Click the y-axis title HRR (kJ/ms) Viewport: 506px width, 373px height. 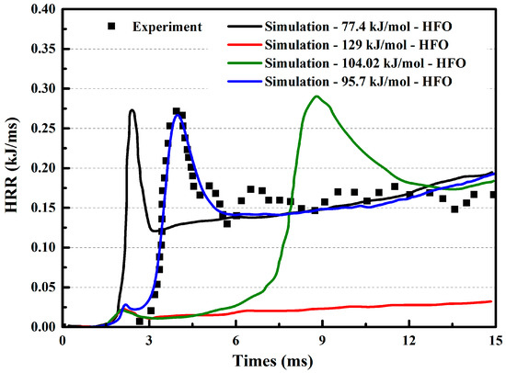pyautogui.click(x=12, y=165)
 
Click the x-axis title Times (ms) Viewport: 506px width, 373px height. pyautogui.click(x=273, y=361)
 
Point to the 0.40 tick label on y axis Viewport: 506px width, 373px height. pyautogui.click(x=44, y=9)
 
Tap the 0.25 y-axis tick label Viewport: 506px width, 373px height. pyautogui.click(x=44, y=129)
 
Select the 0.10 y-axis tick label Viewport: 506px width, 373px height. pyautogui.click(x=44, y=247)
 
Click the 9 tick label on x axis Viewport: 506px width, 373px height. pyautogui.click(x=322, y=341)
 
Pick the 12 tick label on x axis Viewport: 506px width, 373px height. pyautogui.click(x=409, y=341)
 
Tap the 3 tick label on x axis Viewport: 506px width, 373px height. pyautogui.click(x=149, y=341)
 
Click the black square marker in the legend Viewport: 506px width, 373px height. pyautogui.click(x=111, y=27)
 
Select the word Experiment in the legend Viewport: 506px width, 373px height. pyautogui.click(x=167, y=27)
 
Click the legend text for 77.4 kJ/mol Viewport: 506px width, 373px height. pyautogui.click(x=358, y=27)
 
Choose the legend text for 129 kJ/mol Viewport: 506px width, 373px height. pyautogui.click(x=356, y=45)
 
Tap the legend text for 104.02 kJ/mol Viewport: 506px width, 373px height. pyautogui.click(x=365, y=63)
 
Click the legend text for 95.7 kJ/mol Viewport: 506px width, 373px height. pyautogui.click(x=358, y=82)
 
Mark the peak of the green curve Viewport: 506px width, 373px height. pyautogui.click(x=316, y=96)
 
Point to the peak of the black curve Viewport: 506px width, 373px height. pyautogui.click(x=132, y=110)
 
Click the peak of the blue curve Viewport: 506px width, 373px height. pyautogui.click(x=178, y=115)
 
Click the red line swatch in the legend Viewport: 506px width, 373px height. pyautogui.click(x=245, y=45)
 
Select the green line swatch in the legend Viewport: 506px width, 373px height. pyautogui.click(x=245, y=63)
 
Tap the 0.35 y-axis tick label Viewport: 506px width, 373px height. pyautogui.click(x=44, y=49)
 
